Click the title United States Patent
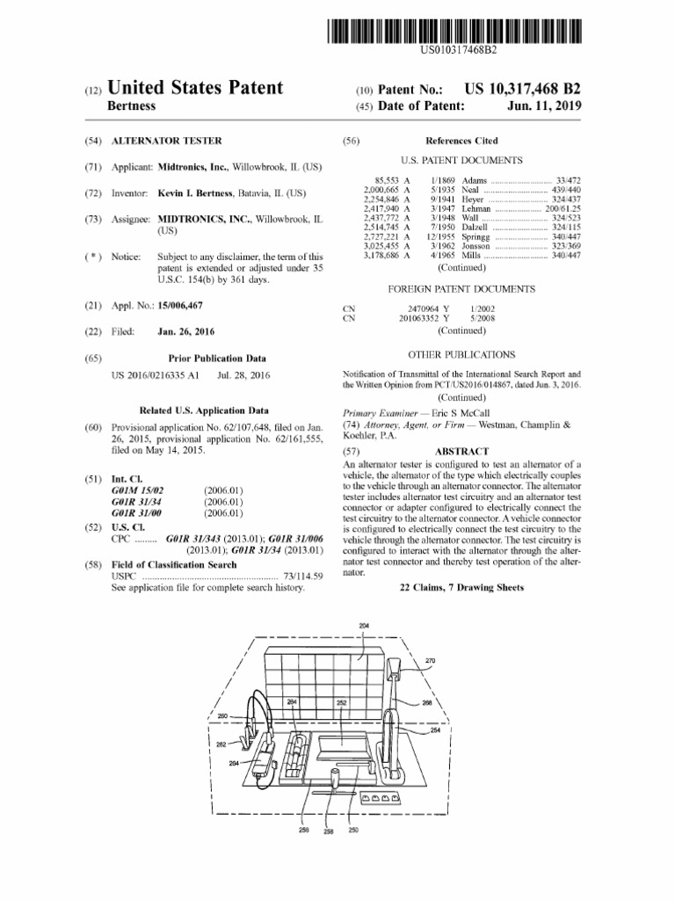click(x=195, y=88)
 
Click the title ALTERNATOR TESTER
click(x=167, y=141)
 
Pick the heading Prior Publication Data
click(x=216, y=359)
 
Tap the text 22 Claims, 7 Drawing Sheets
click(x=461, y=587)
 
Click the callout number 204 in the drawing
click(x=365, y=625)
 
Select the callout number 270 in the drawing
click(x=430, y=660)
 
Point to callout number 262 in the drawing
click(x=221, y=744)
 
